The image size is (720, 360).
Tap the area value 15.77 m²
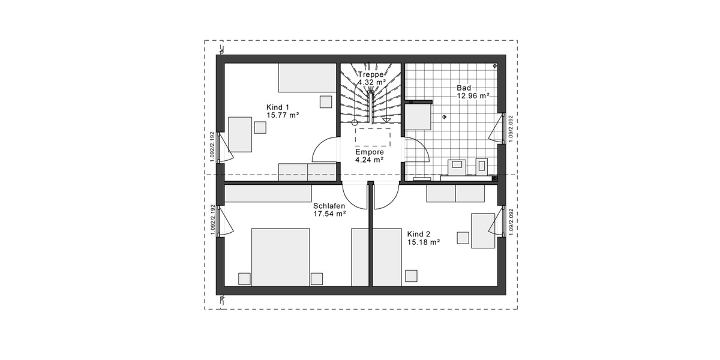(x=283, y=115)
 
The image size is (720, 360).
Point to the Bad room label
(x=464, y=87)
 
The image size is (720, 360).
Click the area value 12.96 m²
(x=473, y=95)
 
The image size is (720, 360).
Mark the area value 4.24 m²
(x=369, y=160)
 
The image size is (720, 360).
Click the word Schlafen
(x=329, y=205)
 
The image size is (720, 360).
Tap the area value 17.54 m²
(x=329, y=214)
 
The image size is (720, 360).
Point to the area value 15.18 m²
(x=424, y=242)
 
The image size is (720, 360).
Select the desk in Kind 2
(x=483, y=230)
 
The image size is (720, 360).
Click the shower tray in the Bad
(x=419, y=116)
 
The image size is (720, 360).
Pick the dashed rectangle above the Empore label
(x=373, y=136)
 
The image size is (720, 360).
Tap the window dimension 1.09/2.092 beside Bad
(x=511, y=128)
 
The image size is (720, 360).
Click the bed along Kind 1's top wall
(x=307, y=77)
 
